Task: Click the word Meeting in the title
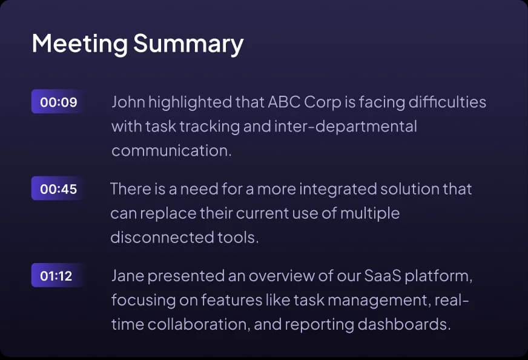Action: tap(79, 44)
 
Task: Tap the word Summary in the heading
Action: tap(188, 44)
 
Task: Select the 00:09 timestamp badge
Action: tap(58, 102)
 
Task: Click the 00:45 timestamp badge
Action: tap(58, 189)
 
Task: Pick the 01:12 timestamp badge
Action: tap(56, 276)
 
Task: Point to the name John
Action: tap(126, 102)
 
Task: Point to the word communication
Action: tap(171, 151)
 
